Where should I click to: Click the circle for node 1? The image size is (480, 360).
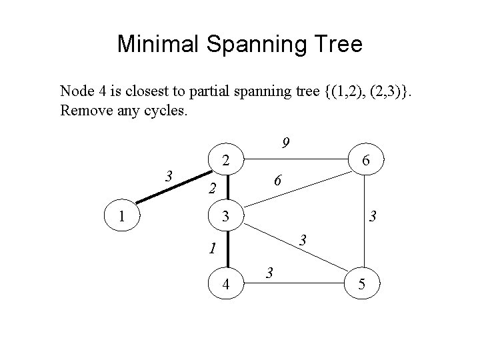pyautogui.click(x=121, y=217)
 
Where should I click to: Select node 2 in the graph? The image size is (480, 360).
pyautogui.click(x=227, y=160)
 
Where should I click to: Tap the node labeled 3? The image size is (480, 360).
pyautogui.click(x=227, y=217)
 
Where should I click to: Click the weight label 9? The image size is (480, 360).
pyautogui.click(x=285, y=143)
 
